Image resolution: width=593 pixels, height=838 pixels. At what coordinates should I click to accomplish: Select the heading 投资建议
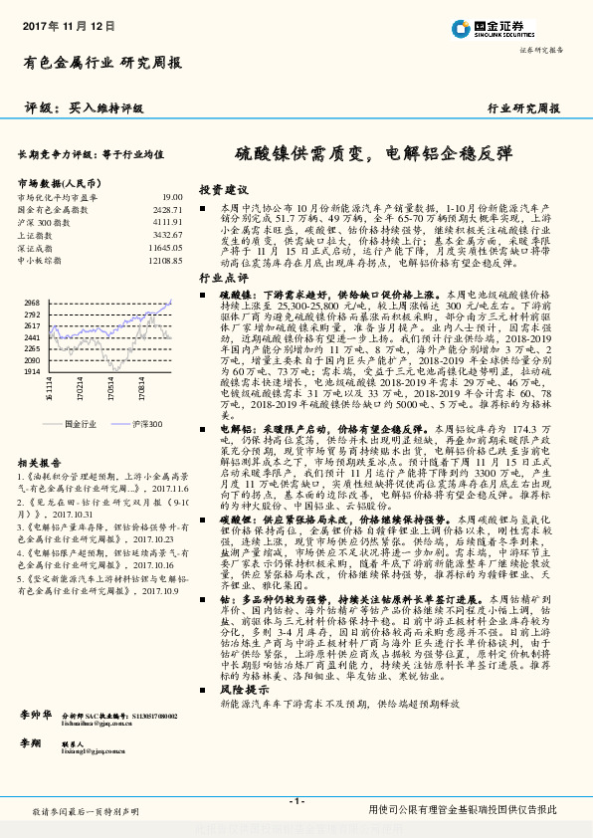click(x=223, y=188)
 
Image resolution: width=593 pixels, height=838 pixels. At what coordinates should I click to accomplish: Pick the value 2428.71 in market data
click(x=167, y=210)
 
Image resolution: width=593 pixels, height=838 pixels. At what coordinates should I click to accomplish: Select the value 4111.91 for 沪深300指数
click(x=167, y=222)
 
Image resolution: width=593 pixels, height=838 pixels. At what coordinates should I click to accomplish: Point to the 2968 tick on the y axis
click(x=31, y=302)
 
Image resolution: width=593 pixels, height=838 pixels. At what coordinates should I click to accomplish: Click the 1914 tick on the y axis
click(x=31, y=369)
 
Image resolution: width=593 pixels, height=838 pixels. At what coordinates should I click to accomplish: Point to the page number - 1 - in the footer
click(x=296, y=801)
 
